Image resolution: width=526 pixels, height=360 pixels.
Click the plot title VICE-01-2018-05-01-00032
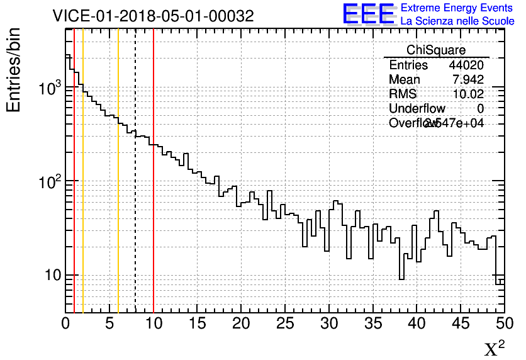click(x=153, y=16)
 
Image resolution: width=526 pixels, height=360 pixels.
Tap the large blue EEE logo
click(x=369, y=14)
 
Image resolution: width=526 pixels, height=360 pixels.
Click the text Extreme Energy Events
click(x=457, y=8)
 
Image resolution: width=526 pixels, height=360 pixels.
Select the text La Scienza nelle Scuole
click(x=457, y=21)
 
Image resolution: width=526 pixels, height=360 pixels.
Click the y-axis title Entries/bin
click(x=14, y=70)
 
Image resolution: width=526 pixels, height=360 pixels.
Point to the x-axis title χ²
click(x=494, y=349)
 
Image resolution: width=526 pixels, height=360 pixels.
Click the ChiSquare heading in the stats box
click(x=436, y=50)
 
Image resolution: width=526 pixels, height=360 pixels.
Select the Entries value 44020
click(x=466, y=65)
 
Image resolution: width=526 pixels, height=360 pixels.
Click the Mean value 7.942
click(x=467, y=80)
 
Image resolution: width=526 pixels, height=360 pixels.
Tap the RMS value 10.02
click(x=468, y=94)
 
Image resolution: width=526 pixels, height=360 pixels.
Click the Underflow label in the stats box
click(x=417, y=109)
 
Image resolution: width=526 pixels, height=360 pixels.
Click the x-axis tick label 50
click(x=503, y=323)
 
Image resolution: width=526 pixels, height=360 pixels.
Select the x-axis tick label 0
click(x=65, y=323)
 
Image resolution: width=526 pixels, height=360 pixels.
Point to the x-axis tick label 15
click(x=198, y=323)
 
